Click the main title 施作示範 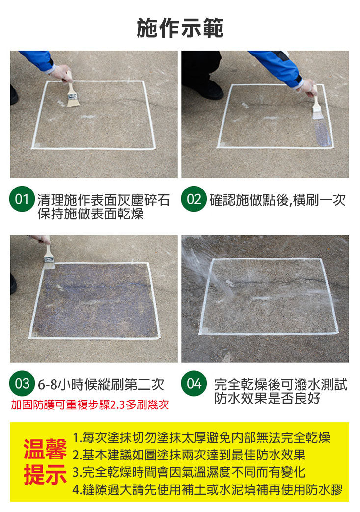click(180, 28)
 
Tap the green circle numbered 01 click(22, 198)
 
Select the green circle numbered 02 click(194, 198)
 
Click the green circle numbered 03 click(22, 383)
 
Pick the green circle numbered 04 click(194, 383)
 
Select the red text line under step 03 click(90, 405)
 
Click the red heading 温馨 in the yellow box click(45, 450)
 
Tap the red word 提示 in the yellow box click(45, 475)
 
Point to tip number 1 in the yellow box click(201, 437)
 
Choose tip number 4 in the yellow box click(207, 489)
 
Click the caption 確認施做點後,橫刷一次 click(277, 200)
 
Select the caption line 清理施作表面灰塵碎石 click(104, 200)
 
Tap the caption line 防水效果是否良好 click(267, 398)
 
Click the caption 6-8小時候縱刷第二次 click(101, 385)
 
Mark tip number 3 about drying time click(189, 472)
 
